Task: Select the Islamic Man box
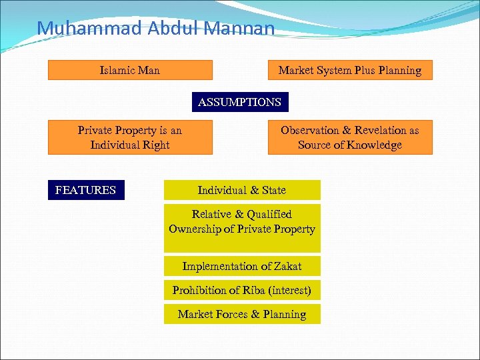pos(130,70)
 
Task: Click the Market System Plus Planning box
pos(350,70)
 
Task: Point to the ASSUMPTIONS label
pos(240,102)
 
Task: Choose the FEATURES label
pos(85,190)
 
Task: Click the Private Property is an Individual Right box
pos(130,137)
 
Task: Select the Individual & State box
pos(242,190)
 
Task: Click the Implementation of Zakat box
pos(242,266)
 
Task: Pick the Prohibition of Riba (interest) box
pos(242,290)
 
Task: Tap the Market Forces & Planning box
pos(242,314)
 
